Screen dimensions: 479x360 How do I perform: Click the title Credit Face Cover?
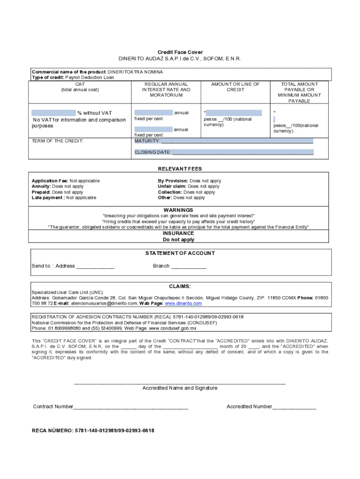[180, 52]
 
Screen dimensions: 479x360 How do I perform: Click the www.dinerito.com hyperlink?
[183, 304]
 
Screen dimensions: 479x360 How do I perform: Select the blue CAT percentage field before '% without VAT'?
[53, 113]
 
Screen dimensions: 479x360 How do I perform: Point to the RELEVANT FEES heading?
[180, 169]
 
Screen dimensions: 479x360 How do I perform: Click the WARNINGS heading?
[178, 210]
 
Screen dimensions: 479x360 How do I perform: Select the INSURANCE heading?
[178, 233]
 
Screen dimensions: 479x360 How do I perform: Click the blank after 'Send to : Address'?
[95, 266]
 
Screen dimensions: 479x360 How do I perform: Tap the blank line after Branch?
[188, 266]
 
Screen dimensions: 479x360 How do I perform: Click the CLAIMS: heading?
[180, 286]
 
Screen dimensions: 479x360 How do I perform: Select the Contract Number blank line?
[130, 407]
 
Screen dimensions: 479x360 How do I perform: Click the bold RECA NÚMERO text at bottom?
[93, 430]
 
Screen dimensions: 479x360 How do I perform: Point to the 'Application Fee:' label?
[50, 181]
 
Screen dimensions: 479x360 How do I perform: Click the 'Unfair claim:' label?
[172, 187]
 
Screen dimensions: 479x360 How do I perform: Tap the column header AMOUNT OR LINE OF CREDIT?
[235, 87]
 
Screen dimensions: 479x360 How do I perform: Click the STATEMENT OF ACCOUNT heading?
[180, 253]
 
